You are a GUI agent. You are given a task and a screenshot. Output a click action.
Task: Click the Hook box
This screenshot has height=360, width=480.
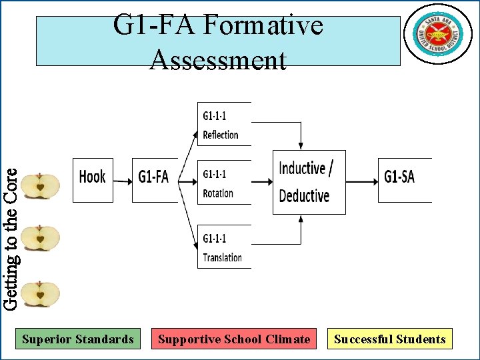(x=93, y=179)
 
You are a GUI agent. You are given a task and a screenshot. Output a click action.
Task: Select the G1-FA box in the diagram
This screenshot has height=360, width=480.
(x=154, y=179)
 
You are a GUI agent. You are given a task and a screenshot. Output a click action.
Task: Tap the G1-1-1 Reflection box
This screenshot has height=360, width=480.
(x=223, y=125)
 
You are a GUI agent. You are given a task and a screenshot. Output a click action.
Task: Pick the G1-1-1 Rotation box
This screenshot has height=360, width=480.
(x=223, y=183)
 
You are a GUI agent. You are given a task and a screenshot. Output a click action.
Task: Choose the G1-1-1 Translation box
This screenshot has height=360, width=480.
(x=223, y=247)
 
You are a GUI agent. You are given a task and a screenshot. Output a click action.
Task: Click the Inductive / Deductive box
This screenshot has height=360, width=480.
(x=309, y=181)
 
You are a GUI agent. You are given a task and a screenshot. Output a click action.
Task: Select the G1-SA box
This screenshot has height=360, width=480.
(x=403, y=179)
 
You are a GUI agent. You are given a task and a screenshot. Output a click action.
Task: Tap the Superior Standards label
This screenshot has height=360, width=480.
(x=78, y=339)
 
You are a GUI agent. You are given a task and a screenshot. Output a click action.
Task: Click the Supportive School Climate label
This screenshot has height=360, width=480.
(x=233, y=339)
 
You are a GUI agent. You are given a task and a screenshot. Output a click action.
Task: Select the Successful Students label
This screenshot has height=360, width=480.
(x=390, y=339)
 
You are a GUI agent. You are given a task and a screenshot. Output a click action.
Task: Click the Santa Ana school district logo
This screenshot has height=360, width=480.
(x=438, y=34)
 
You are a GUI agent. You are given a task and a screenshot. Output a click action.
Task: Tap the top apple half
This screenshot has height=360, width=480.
(x=40, y=186)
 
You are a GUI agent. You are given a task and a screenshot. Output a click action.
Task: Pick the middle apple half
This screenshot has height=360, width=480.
(x=40, y=238)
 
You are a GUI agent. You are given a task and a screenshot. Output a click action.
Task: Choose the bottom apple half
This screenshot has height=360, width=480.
(x=40, y=294)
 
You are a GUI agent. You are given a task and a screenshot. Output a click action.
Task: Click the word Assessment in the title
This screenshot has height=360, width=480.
(x=218, y=61)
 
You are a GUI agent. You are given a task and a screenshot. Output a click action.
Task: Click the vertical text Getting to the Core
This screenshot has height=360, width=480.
(x=10, y=237)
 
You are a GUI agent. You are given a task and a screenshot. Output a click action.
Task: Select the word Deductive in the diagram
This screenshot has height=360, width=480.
(x=304, y=196)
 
